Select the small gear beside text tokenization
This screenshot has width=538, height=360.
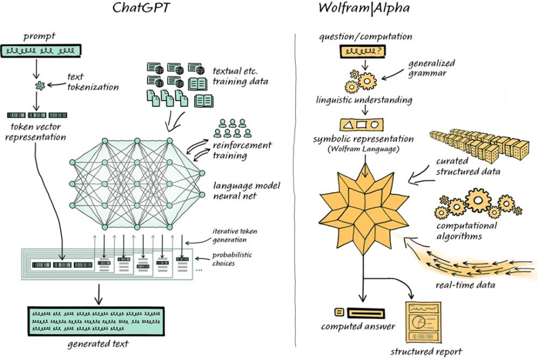pyautogui.click(x=39, y=85)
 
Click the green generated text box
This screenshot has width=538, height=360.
pyautogui.click(x=96, y=321)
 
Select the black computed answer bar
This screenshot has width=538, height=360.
pyautogui.click(x=365, y=312)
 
